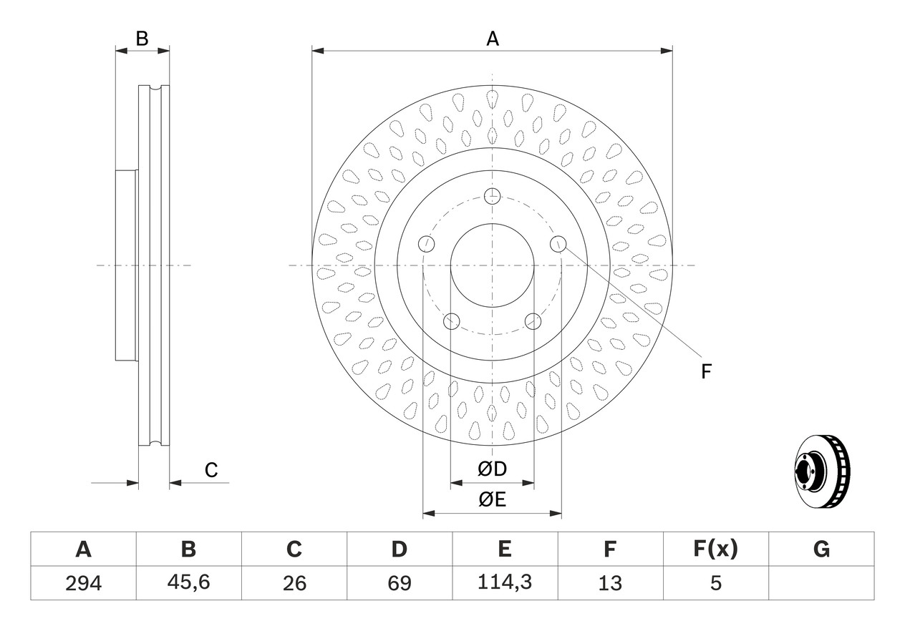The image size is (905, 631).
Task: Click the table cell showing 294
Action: (83, 583)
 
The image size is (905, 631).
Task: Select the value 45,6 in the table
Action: (189, 582)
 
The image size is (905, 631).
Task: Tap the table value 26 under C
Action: (294, 583)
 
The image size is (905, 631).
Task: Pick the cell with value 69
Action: (400, 583)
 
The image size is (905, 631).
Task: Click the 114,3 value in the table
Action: (505, 582)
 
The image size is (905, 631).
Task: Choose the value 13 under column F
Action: (610, 583)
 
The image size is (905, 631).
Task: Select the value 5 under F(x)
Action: (715, 583)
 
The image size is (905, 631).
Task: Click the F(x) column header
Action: (715, 549)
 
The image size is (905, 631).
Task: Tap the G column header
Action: (821, 549)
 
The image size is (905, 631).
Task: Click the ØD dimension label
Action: (492, 469)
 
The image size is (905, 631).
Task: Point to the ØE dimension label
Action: (492, 500)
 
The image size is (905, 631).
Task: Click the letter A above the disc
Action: (493, 39)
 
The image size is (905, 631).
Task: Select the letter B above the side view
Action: (142, 39)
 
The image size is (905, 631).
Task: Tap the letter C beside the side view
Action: (211, 470)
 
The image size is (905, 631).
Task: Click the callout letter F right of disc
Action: (706, 371)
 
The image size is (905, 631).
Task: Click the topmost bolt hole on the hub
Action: (492, 197)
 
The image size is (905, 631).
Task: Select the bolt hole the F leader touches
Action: (558, 243)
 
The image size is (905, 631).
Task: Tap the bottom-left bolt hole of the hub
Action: (451, 321)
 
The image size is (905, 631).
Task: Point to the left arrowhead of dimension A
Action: (318, 51)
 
